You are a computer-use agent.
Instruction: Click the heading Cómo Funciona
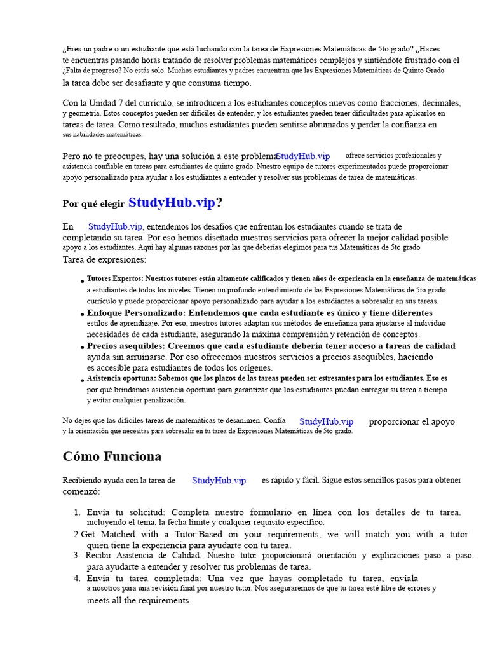[x=112, y=456]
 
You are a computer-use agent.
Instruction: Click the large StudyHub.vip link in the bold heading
[x=172, y=203]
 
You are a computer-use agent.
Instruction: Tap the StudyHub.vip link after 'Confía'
[x=326, y=421]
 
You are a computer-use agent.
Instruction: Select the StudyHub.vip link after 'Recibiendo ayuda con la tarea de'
[x=219, y=481]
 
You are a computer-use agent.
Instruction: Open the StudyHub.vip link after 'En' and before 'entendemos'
[x=115, y=226]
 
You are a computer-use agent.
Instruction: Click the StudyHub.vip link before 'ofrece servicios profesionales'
[x=303, y=156]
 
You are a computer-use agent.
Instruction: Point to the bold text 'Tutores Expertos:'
[x=115, y=278]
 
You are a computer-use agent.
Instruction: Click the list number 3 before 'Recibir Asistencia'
[x=76, y=556]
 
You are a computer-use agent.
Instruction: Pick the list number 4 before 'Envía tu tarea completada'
[x=76, y=579]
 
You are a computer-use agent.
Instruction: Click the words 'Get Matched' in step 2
[x=109, y=535]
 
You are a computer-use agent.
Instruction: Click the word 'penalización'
[x=163, y=401]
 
